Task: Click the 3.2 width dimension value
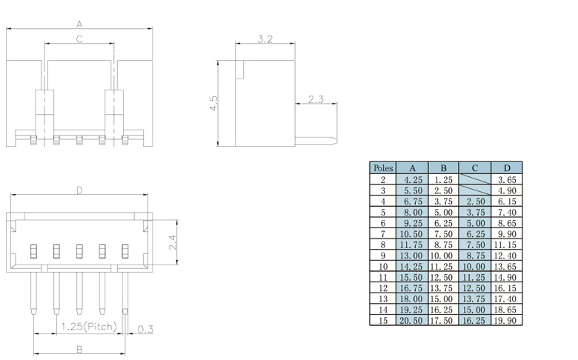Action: click(265, 39)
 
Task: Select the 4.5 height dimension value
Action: click(214, 103)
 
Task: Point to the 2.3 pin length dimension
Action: click(316, 99)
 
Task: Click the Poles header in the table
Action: click(383, 168)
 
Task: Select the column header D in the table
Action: click(507, 168)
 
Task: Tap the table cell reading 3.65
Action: click(507, 179)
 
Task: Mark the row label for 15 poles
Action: click(383, 320)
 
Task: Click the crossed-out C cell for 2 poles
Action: click(474, 179)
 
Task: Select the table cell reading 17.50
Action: click(443, 320)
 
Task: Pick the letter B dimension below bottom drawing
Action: click(79, 348)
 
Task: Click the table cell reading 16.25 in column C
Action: click(474, 320)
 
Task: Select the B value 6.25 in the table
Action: click(443, 223)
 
